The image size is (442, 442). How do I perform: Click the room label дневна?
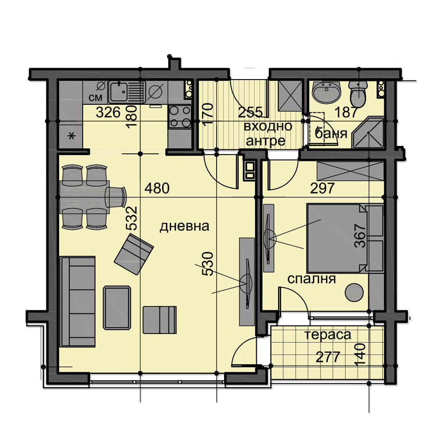pos(184,226)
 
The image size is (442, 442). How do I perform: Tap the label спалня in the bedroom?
pos(312,279)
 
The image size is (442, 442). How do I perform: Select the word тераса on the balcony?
pos(328,335)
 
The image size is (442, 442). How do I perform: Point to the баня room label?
pos(331,133)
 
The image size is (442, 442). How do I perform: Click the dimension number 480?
pos(157,188)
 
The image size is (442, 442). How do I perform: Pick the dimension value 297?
pos(323,188)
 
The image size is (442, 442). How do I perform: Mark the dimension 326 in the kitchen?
pos(108,112)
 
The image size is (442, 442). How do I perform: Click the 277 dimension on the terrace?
pos(328,357)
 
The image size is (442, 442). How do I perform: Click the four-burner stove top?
pos(180,117)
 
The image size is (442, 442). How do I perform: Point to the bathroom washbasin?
pos(327,92)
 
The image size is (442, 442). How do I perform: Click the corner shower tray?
pos(369,132)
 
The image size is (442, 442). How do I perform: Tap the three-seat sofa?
pos(78,301)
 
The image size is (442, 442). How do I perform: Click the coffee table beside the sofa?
pos(117,308)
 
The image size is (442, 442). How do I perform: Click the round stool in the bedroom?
pos(354,293)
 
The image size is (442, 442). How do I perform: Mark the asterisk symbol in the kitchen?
pos(72,137)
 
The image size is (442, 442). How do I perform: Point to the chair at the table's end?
pos(115,197)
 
